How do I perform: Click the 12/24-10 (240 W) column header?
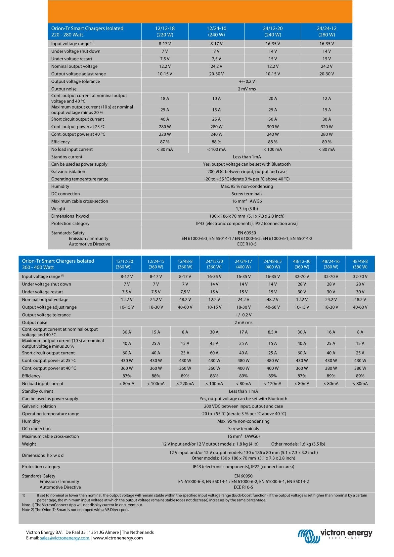tap(216, 31)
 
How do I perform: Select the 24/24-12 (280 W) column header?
tap(327, 31)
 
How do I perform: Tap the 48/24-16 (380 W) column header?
tap(331, 264)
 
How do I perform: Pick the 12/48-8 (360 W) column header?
tap(185, 264)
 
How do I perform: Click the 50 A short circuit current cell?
tap(273, 119)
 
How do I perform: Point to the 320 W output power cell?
tap(327, 127)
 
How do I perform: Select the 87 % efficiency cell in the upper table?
tap(165, 142)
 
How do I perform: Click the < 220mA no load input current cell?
tap(185, 383)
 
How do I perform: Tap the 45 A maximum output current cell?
tap(214, 343)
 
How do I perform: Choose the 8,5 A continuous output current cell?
tap(273, 332)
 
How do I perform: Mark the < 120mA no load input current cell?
tap(273, 383)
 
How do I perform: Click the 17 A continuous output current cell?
tap(243, 332)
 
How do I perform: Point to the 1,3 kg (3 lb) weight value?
tap(247, 209)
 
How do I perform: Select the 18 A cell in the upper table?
tap(165, 98)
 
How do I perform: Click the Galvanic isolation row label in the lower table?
tap(39, 406)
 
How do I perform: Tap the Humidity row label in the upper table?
tap(60, 186)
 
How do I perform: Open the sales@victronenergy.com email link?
tap(64, 538)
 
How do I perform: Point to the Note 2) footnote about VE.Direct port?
tap(75, 510)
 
